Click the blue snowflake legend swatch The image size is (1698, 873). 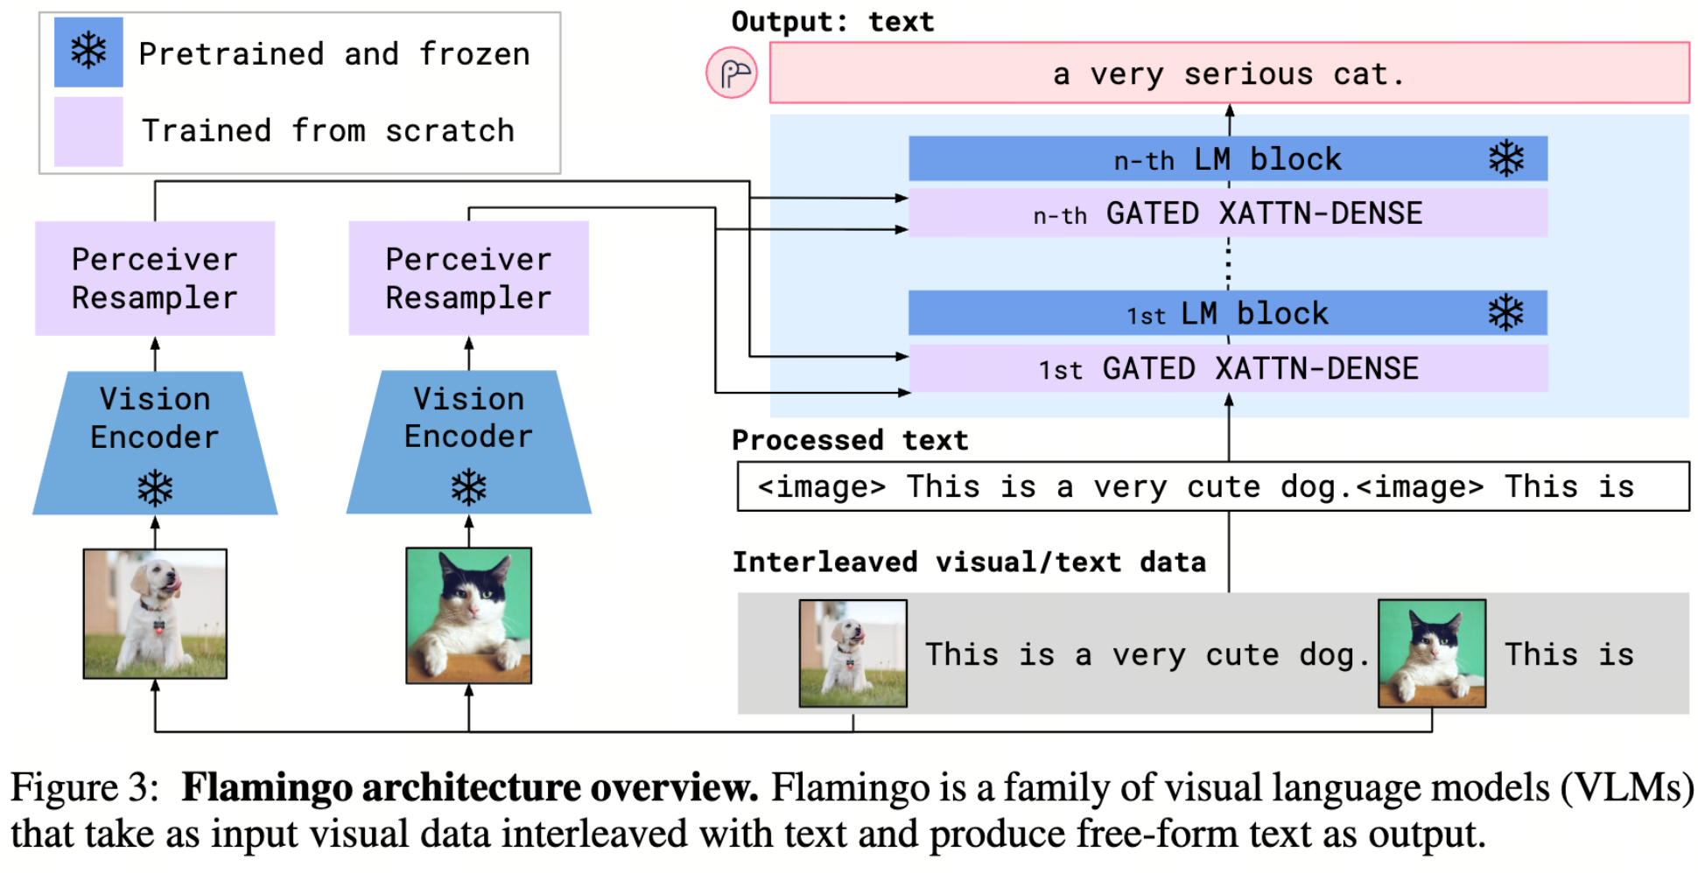pyautogui.click(x=88, y=52)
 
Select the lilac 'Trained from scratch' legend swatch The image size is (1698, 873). pyautogui.click(x=88, y=131)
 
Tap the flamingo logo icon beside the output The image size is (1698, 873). pyautogui.click(x=732, y=73)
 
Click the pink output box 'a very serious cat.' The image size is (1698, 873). pyautogui.click(x=1229, y=73)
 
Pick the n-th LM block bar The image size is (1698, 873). pyautogui.click(x=1228, y=159)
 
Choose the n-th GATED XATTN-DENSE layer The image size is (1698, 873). pyautogui.click(x=1228, y=213)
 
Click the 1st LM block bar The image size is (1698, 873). pyautogui.click(x=1228, y=313)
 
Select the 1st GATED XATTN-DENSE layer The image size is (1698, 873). pyautogui.click(x=1228, y=368)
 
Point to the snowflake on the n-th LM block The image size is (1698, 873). pyautogui.click(x=1506, y=159)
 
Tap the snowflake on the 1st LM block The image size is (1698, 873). pyautogui.click(x=1506, y=313)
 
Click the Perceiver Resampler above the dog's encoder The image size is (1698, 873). pyautogui.click(x=155, y=278)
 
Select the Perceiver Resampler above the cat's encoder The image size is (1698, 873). pyautogui.click(x=469, y=278)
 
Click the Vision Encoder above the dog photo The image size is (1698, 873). pyautogui.click(x=155, y=443)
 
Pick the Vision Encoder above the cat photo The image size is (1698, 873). pyautogui.click(x=469, y=443)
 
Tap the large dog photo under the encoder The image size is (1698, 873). pyautogui.click(x=155, y=614)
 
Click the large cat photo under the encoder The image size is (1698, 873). pyautogui.click(x=469, y=616)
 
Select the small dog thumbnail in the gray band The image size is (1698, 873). pyautogui.click(x=853, y=653)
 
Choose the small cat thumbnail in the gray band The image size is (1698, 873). pyautogui.click(x=1432, y=653)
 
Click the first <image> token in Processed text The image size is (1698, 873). pyautogui.click(x=822, y=486)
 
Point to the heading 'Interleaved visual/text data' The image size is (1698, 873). pyautogui.click(x=969, y=562)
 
